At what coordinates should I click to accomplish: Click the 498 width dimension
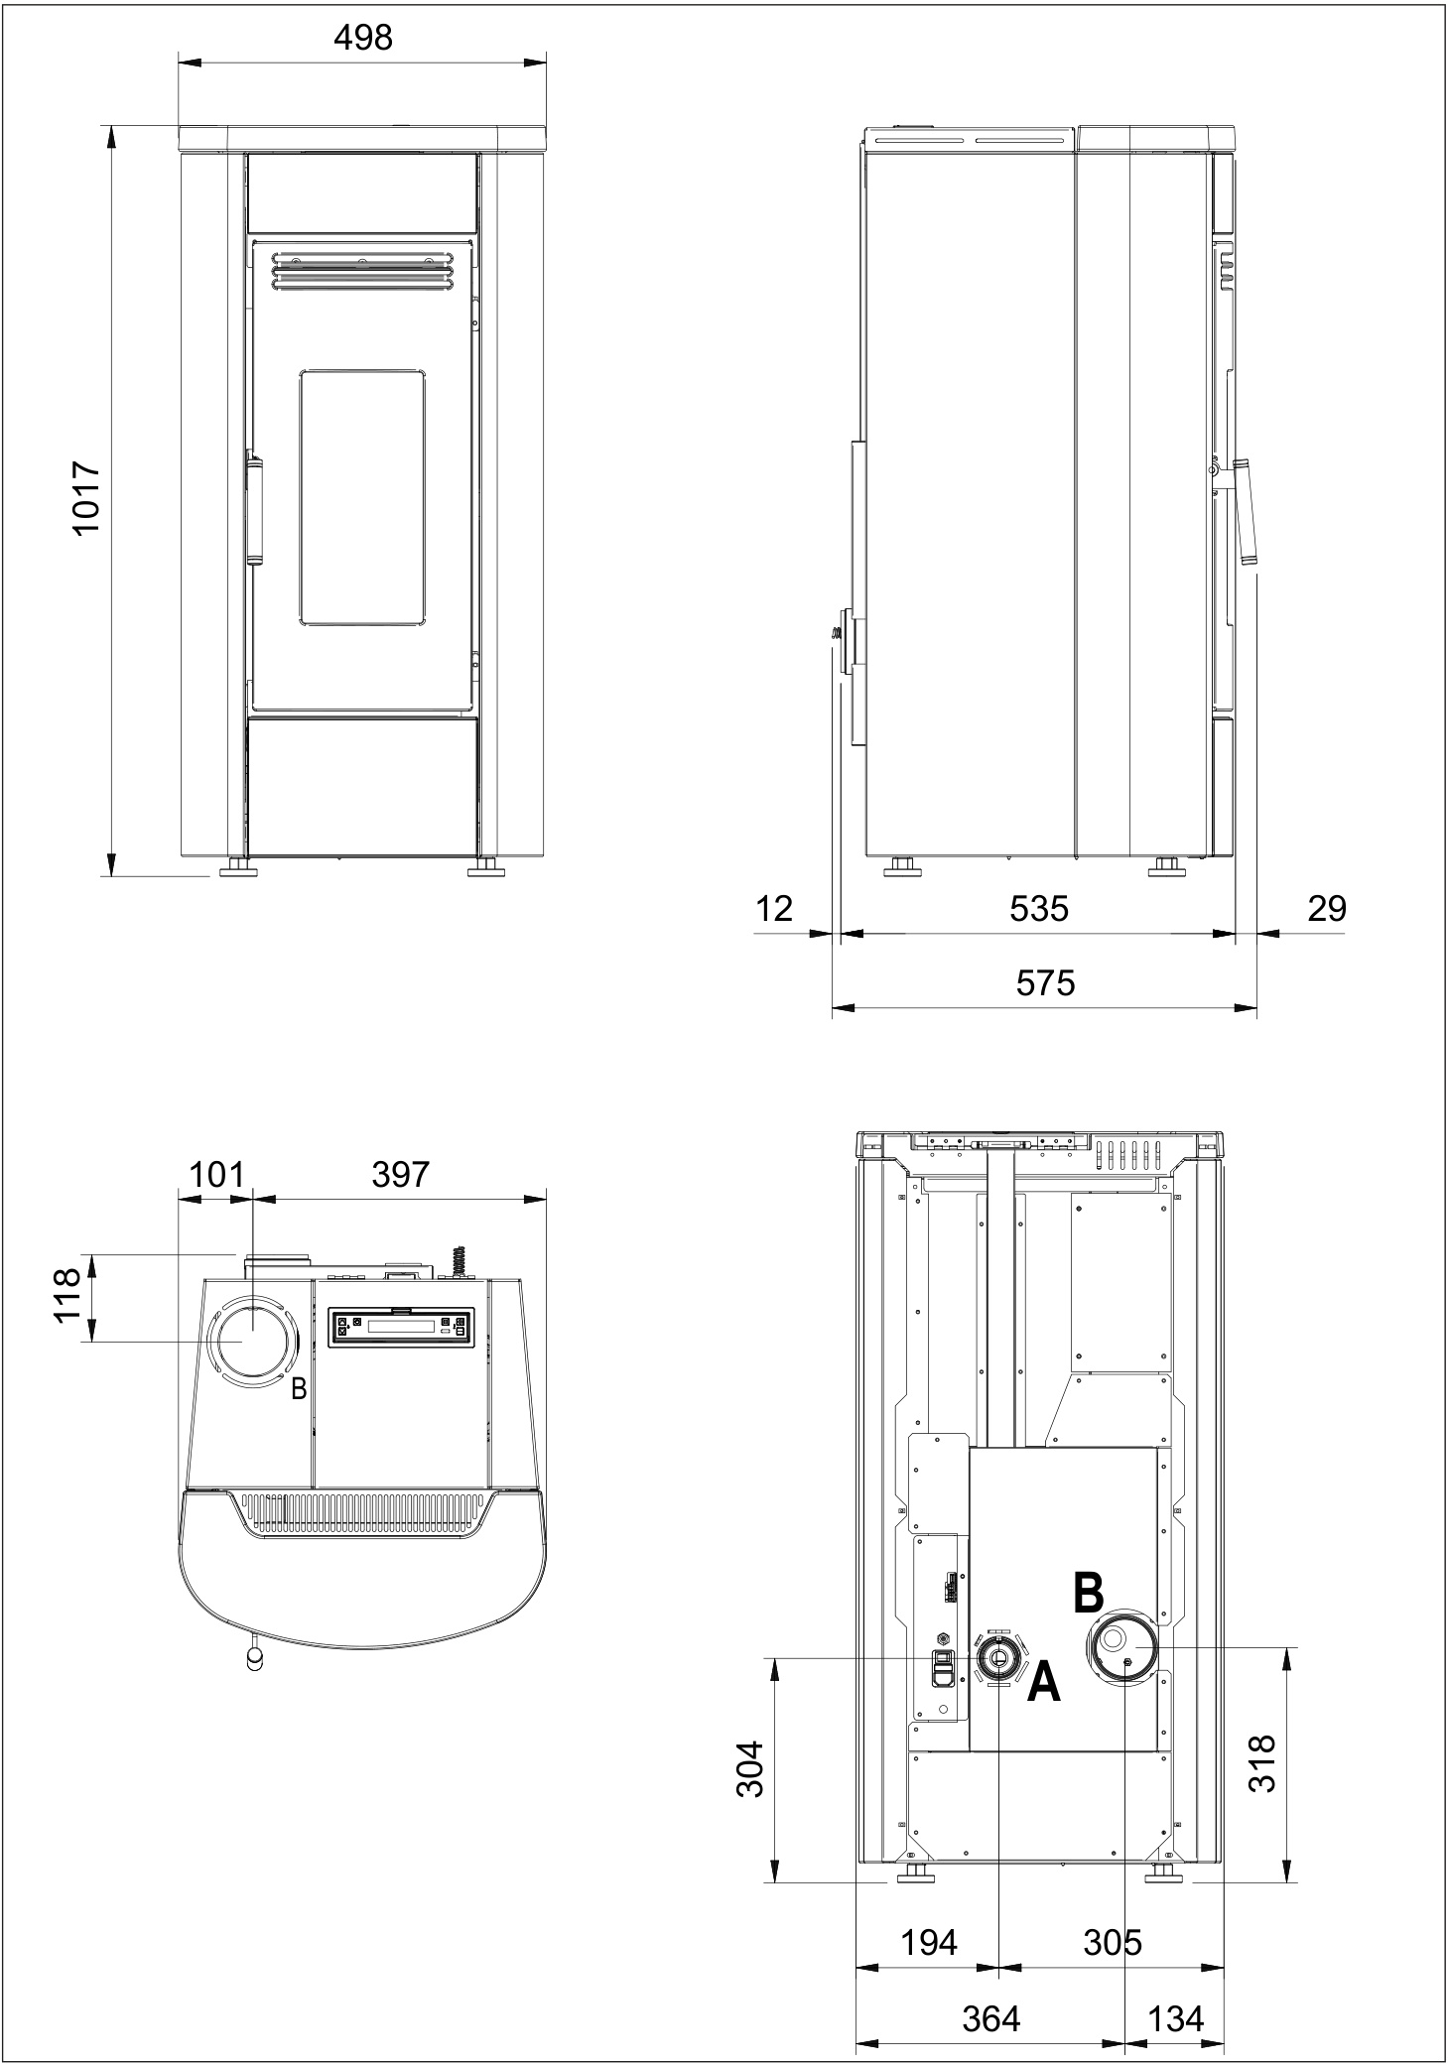click(362, 38)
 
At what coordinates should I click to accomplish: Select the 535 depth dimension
click(1038, 908)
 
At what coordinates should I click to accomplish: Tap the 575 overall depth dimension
click(1045, 982)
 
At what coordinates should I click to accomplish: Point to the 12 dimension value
click(774, 908)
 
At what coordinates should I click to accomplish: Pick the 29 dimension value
click(1326, 908)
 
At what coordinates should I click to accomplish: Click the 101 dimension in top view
click(215, 1174)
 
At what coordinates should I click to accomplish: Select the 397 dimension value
click(400, 1174)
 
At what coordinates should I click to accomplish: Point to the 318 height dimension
click(1262, 1762)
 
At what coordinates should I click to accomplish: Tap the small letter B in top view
click(299, 1390)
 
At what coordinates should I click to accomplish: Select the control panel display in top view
click(400, 1327)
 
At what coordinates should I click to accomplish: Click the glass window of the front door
click(363, 496)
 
